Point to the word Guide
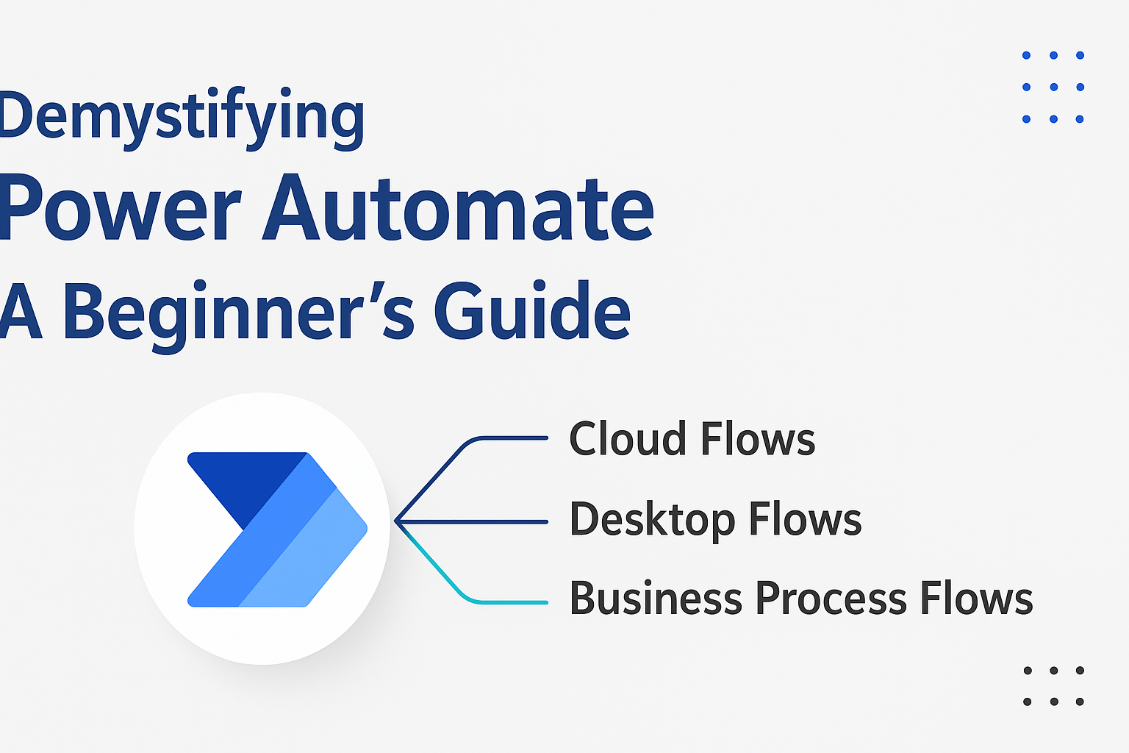pyautogui.click(x=532, y=312)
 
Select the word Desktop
pyautogui.click(x=652, y=521)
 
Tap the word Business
pyautogui.click(x=656, y=599)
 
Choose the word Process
pyautogui.click(x=831, y=599)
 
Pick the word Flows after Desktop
pyautogui.click(x=806, y=520)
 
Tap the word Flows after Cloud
pyautogui.click(x=758, y=440)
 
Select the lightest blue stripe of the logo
pyautogui.click(x=309, y=559)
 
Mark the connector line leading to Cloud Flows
pyautogui.click(x=507, y=438)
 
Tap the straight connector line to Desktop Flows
pyautogui.click(x=478, y=521)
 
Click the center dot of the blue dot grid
pyautogui.click(x=1053, y=87)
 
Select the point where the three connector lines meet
pyautogui.click(x=396, y=521)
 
